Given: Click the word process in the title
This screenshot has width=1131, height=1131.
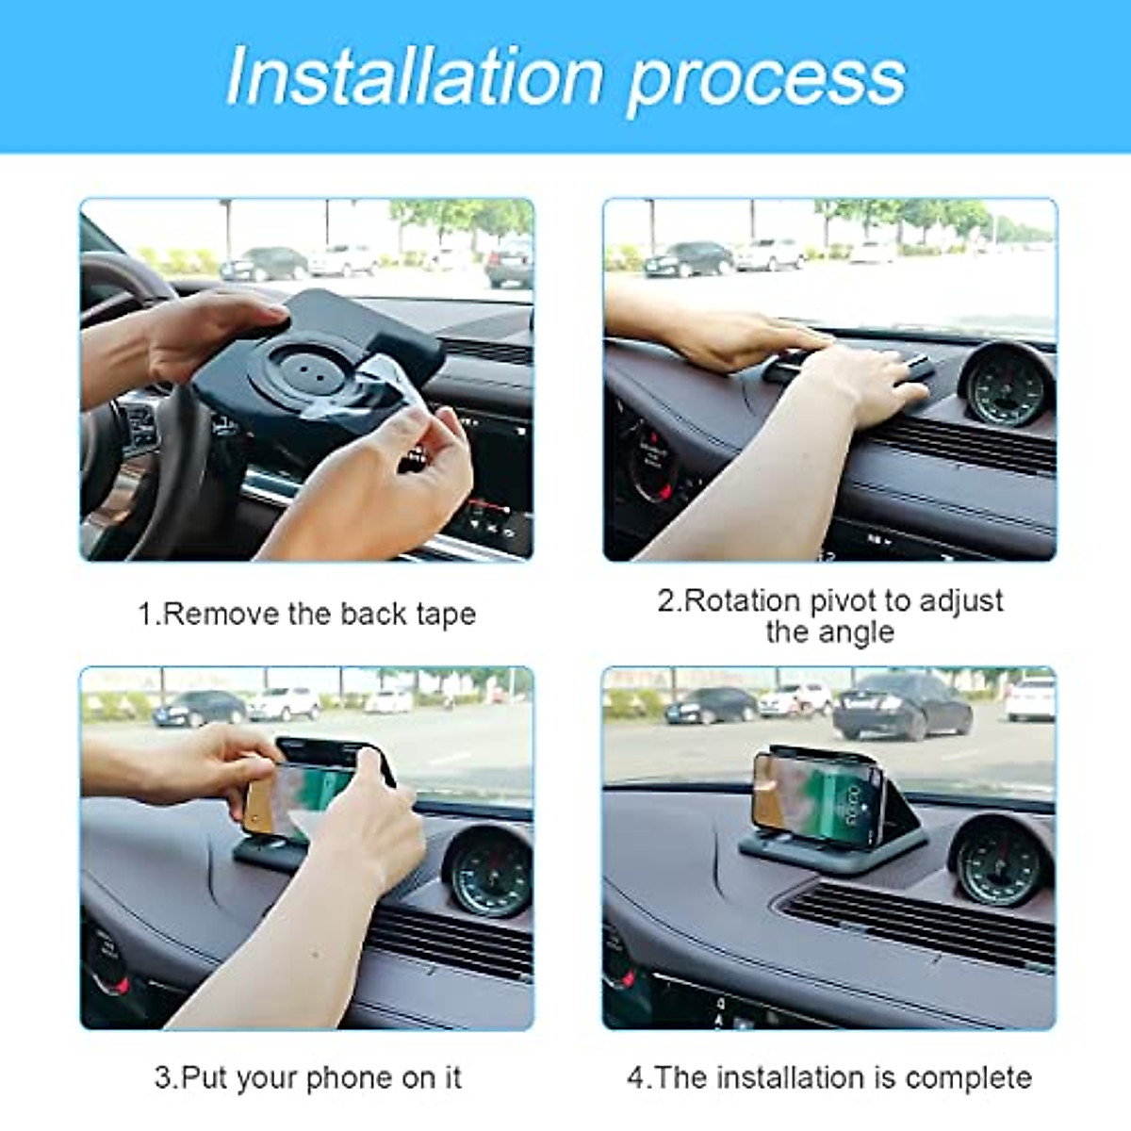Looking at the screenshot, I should [765, 80].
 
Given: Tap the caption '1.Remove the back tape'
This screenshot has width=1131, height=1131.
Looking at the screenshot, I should [306, 615].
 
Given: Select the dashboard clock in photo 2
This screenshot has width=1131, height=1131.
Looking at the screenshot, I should [1007, 388].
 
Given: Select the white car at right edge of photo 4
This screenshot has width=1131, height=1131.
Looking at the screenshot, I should [1031, 698].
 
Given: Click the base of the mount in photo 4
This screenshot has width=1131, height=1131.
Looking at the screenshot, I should [829, 848].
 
